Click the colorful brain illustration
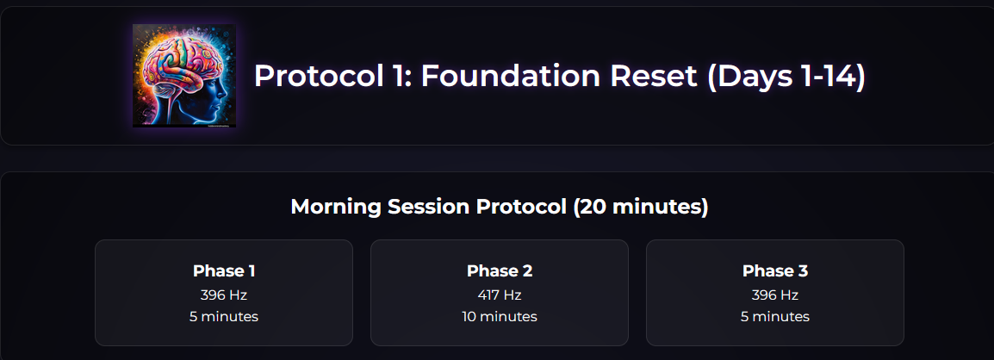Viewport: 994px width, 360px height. (183, 76)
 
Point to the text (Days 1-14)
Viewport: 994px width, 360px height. (786, 78)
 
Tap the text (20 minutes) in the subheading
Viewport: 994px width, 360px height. (640, 208)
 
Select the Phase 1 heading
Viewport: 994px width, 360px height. (224, 271)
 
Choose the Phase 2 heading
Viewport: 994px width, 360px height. (500, 271)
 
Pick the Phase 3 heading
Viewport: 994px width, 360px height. (775, 271)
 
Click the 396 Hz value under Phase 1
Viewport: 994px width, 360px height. (224, 295)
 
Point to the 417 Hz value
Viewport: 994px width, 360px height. (500, 295)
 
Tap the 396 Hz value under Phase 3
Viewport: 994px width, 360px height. (775, 295)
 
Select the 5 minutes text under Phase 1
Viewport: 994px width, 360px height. (224, 316)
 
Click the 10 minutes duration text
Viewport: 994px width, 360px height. (500, 316)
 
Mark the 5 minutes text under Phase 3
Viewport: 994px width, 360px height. (775, 316)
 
